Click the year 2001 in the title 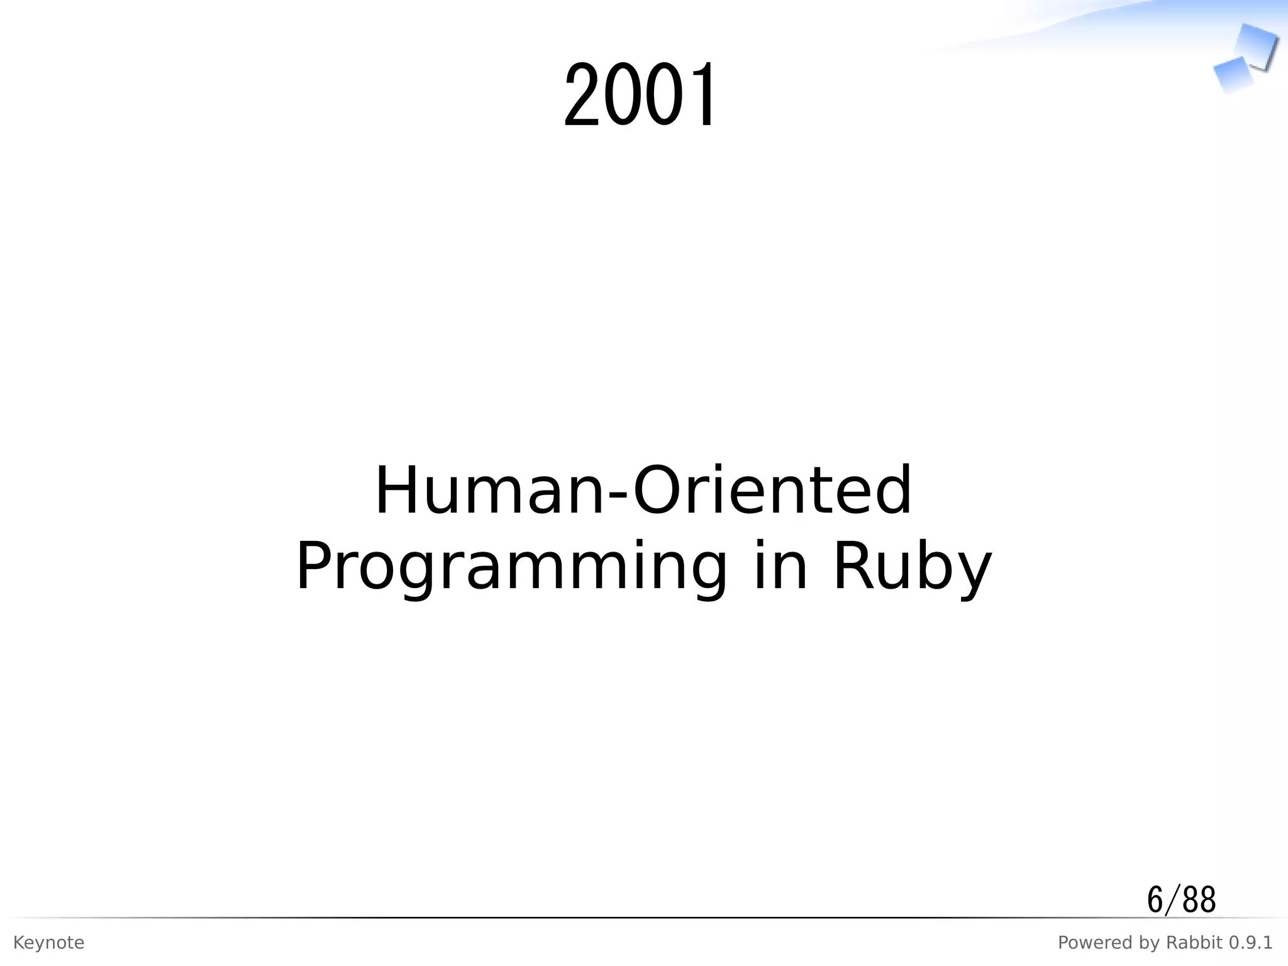(x=640, y=96)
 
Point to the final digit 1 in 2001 (x=703, y=96)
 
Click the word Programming (x=511, y=567)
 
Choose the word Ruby (x=912, y=567)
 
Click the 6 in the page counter (x=1155, y=900)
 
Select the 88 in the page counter (x=1199, y=900)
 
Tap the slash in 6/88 (x=1169, y=900)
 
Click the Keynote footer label (x=48, y=943)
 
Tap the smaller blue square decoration (x=1233, y=74)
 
